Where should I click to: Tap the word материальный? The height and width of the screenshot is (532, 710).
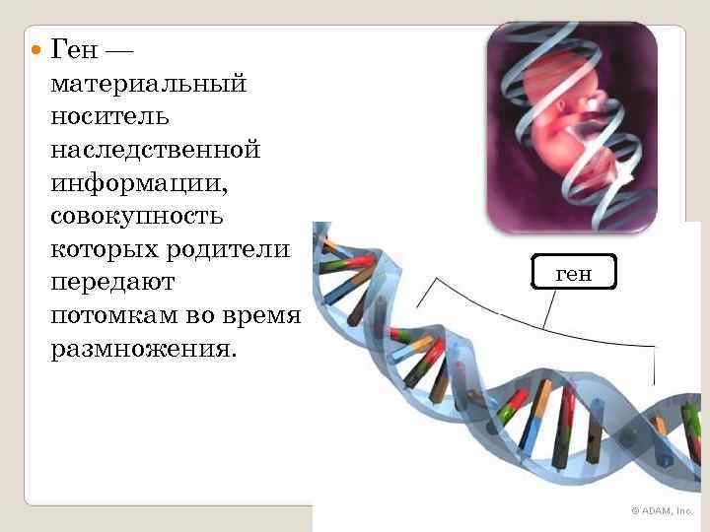pyautogui.click(x=146, y=84)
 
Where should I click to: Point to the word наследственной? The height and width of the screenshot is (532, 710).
pyautogui.click(x=153, y=150)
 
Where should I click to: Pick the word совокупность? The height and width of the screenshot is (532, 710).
pyautogui.click(x=135, y=216)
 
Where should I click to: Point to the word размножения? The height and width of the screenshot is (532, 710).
pyautogui.click(x=142, y=349)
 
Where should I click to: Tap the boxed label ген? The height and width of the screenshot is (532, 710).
pyautogui.click(x=573, y=272)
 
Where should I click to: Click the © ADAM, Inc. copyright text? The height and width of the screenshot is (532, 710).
pyautogui.click(x=662, y=510)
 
